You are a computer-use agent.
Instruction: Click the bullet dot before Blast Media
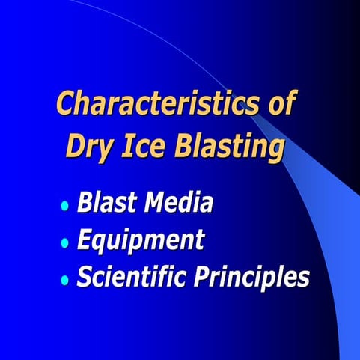click(65, 205)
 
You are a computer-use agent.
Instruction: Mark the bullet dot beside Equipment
click(65, 242)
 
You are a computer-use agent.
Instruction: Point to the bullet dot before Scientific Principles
click(65, 280)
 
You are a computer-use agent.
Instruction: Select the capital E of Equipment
click(86, 240)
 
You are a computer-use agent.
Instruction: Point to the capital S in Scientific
click(85, 278)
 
